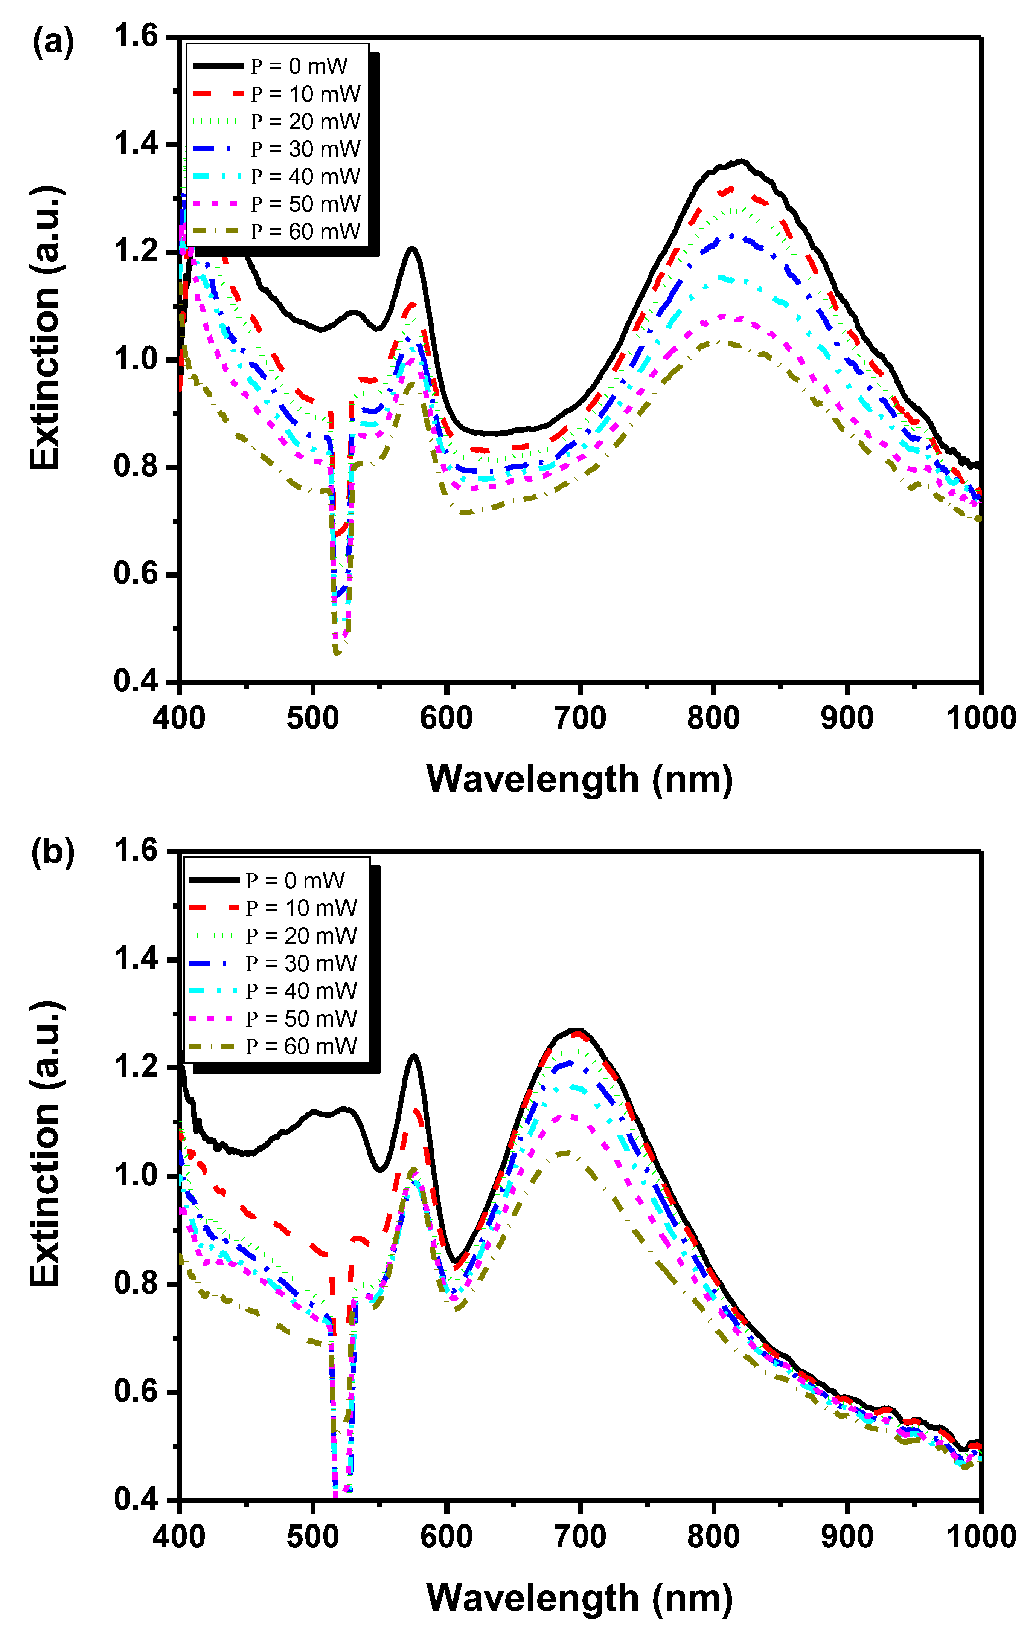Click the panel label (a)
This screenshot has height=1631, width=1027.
[53, 42]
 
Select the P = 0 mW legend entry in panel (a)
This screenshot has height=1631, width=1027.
[277, 66]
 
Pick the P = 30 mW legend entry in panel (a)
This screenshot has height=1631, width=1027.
[277, 149]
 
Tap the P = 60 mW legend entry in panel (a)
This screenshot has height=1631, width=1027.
[277, 232]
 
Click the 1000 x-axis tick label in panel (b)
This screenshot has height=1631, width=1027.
[980, 1536]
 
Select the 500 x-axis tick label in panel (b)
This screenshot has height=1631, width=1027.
[312, 1536]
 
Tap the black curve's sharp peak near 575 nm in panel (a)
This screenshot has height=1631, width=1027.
[411, 248]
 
